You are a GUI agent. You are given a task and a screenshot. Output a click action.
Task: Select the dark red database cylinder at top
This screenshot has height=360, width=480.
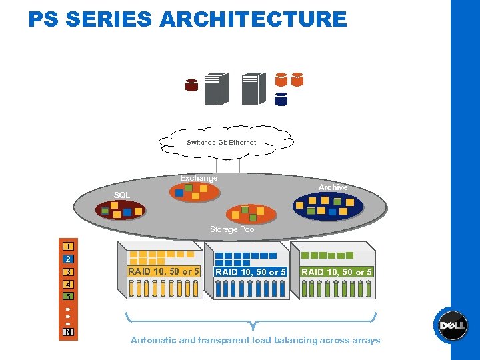192,85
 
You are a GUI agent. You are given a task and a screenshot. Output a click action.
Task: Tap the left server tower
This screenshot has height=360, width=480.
215,89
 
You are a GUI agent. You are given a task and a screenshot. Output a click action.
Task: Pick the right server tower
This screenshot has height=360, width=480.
253,89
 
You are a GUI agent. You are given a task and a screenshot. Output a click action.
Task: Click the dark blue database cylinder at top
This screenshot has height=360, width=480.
281,99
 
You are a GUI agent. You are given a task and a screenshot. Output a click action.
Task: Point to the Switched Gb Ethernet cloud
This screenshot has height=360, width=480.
221,142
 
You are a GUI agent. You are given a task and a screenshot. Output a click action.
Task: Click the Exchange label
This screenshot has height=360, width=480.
199,178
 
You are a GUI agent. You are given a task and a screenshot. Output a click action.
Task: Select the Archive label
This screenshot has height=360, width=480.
333,187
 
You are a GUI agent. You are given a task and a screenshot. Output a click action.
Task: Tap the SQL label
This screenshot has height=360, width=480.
122,195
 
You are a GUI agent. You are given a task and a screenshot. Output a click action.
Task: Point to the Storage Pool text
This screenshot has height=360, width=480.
233,229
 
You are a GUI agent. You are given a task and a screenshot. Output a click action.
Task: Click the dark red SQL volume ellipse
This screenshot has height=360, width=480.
120,211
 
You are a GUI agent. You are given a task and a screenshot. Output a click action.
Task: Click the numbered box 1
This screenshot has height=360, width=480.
68,246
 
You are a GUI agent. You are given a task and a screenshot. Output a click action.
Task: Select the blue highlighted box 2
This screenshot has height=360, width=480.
68,259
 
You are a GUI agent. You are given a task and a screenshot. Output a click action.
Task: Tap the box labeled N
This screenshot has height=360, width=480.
68,332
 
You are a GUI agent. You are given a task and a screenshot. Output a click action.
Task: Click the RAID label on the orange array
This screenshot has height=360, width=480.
164,271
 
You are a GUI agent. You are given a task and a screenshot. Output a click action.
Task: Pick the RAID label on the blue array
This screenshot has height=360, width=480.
251,272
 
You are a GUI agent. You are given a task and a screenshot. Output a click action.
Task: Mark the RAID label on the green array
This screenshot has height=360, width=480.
337,272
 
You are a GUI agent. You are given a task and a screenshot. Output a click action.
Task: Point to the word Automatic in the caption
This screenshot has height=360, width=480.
153,340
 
